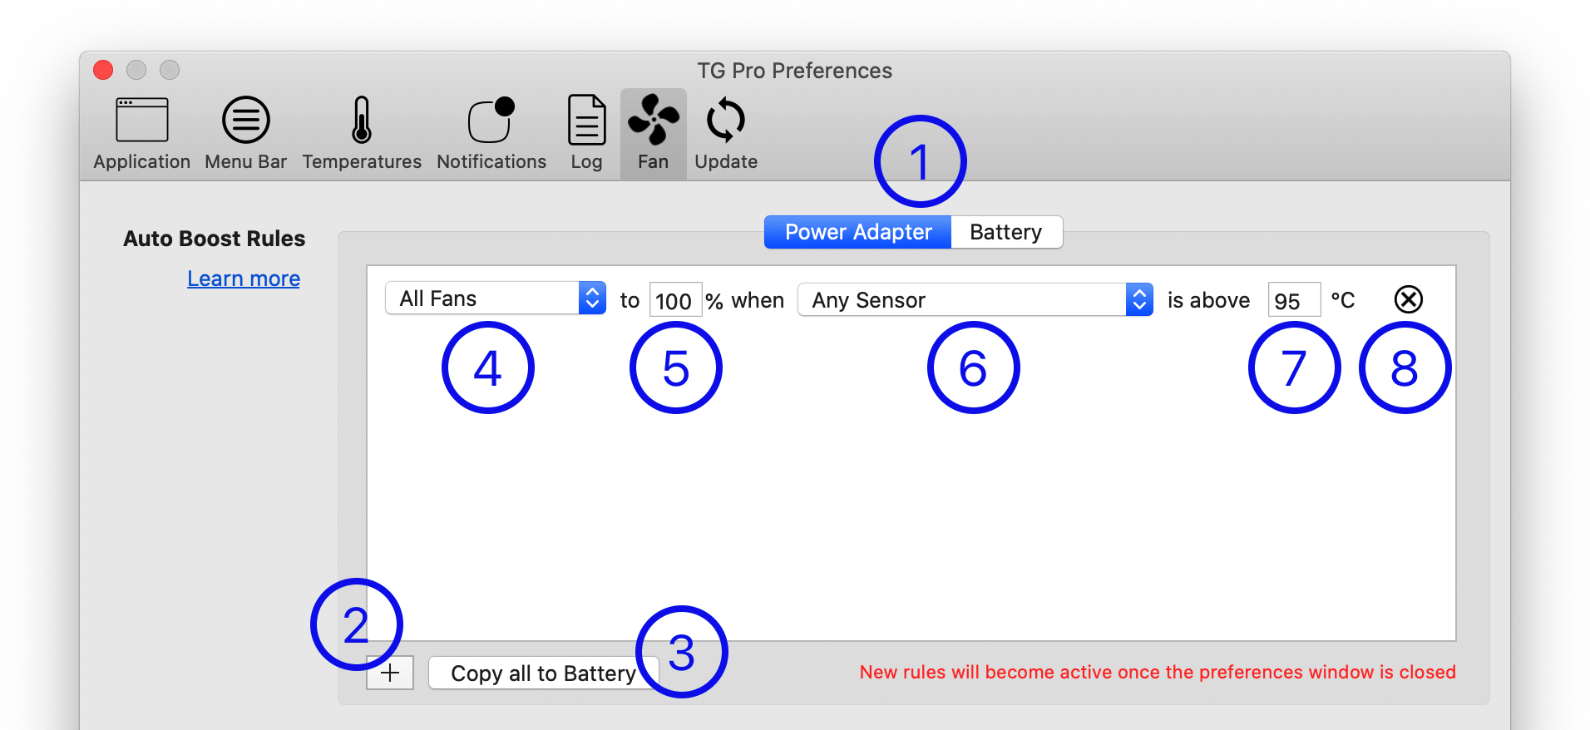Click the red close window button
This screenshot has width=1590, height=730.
(103, 70)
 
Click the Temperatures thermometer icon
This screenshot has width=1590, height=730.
(361, 121)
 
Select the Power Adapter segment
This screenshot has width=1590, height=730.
(857, 232)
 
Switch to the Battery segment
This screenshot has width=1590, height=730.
(1005, 232)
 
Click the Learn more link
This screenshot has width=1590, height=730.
(244, 279)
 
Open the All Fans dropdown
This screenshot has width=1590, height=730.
(495, 298)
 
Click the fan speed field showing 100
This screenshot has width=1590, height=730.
(674, 300)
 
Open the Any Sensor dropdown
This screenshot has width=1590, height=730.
(974, 300)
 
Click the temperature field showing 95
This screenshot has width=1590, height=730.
(1293, 300)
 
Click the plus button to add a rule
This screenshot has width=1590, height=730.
(390, 673)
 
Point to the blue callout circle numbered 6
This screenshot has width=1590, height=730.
(973, 367)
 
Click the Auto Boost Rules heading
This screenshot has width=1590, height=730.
(215, 239)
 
